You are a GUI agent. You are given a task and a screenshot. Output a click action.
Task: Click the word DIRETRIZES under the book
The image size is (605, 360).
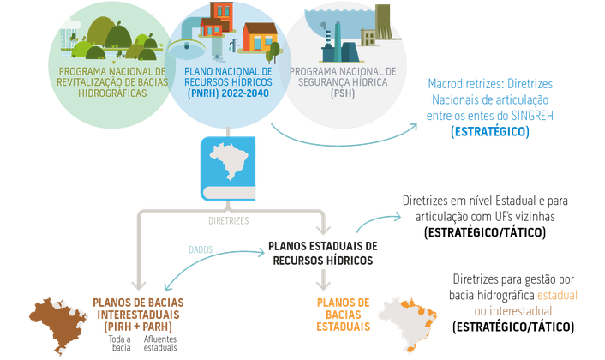coord(228,220)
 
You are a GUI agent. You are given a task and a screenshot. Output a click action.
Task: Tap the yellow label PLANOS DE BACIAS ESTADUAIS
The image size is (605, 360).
coord(343,315)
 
